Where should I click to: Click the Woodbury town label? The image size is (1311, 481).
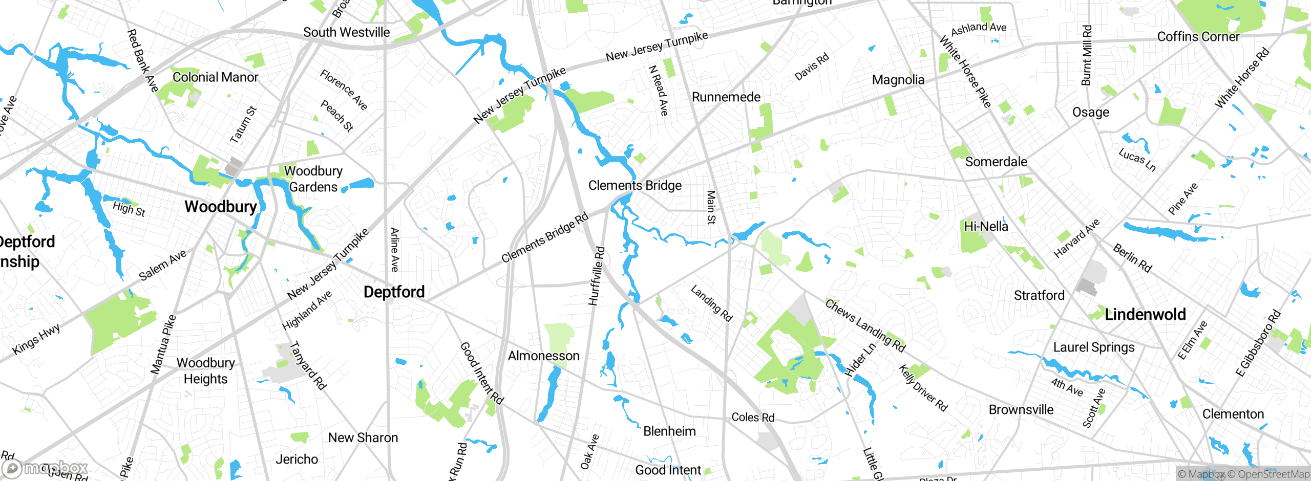[x=221, y=207]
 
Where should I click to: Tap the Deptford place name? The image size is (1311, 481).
[x=394, y=292]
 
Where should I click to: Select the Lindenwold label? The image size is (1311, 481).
[x=1145, y=314]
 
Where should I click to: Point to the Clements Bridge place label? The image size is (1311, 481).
[x=635, y=185]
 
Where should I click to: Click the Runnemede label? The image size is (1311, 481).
[x=726, y=97]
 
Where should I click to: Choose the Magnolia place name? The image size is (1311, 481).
[x=898, y=80]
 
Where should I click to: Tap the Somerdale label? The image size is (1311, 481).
[x=996, y=162]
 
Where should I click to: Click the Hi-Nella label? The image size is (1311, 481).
[x=986, y=226]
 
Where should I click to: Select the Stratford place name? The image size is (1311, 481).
[x=1039, y=296]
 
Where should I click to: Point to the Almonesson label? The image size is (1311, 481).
[x=543, y=356]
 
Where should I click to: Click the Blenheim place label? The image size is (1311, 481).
[x=669, y=431]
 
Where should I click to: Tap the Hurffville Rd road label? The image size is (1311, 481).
[x=597, y=276]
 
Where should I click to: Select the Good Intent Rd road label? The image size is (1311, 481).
[x=481, y=373]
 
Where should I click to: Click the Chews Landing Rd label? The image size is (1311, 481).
[x=865, y=326]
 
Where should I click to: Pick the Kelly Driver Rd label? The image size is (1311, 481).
[x=923, y=388]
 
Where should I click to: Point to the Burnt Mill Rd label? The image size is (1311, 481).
[x=1086, y=55]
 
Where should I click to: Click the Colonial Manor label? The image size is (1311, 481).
[x=215, y=77]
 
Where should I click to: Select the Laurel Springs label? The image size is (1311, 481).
[x=1093, y=347]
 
